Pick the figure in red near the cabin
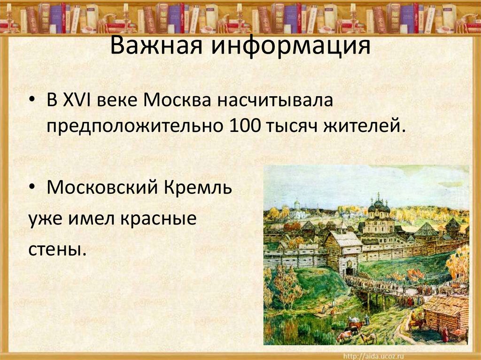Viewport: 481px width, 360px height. click(x=445, y=335)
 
